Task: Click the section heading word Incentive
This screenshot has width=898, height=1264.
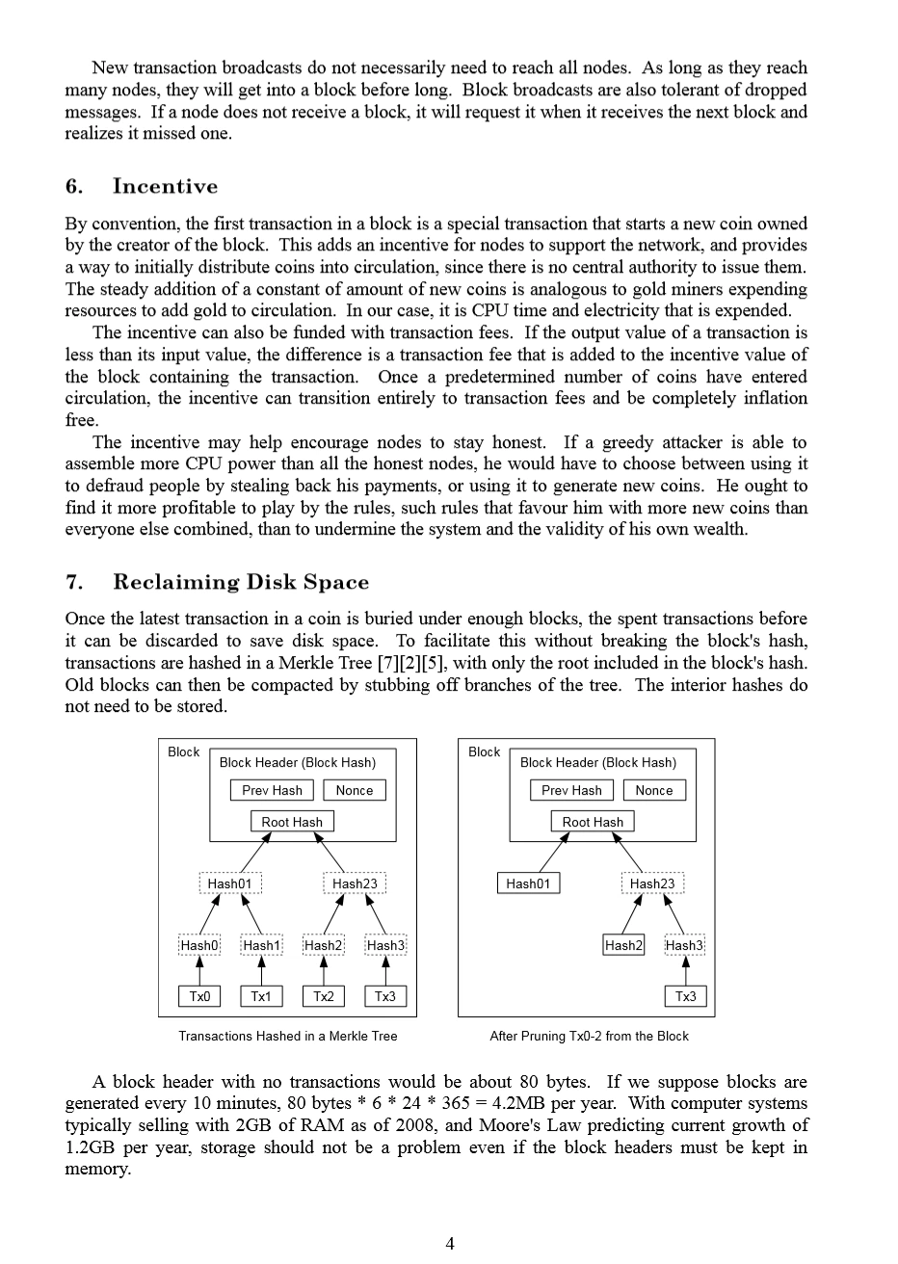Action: click(165, 187)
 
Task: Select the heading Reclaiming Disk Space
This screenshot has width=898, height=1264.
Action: click(241, 582)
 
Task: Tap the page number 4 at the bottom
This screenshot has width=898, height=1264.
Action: click(450, 1243)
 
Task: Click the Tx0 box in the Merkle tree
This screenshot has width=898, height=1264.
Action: click(199, 996)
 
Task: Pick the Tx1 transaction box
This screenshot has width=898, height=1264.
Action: click(261, 996)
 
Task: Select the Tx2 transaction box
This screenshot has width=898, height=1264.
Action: click(324, 996)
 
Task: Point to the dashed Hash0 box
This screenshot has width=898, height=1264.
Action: click(199, 945)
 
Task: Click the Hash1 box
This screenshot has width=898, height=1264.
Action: click(261, 945)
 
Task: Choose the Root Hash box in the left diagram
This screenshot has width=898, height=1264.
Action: click(292, 822)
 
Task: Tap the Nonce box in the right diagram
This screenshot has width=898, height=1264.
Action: click(654, 790)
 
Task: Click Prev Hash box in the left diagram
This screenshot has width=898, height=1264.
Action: click(273, 790)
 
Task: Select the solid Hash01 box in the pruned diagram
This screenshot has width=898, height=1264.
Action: click(528, 883)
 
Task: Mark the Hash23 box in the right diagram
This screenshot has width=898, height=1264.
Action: click(652, 883)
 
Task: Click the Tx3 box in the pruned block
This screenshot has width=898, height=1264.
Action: click(685, 996)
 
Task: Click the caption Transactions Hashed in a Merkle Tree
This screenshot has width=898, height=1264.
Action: click(288, 1037)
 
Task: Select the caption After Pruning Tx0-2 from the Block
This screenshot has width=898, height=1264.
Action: click(589, 1037)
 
